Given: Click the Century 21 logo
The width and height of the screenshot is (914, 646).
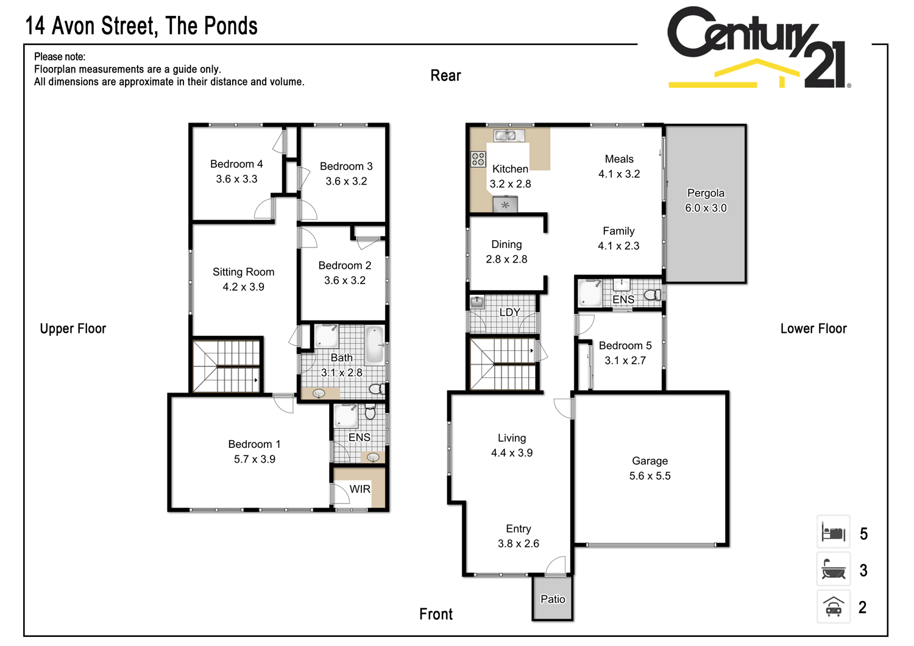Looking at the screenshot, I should point(759,48).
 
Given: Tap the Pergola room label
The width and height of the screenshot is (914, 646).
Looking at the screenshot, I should point(706,193).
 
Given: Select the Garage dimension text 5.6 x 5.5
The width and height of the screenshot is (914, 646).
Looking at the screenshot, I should point(650,476).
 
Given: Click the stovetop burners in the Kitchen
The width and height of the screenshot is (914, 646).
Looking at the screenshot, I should point(478,159).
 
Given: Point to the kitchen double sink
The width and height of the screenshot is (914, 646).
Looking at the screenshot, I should point(509,135).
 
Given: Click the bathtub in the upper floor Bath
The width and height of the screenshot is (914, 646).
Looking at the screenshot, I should point(374,344).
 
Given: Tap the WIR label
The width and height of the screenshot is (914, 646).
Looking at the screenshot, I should point(360,489).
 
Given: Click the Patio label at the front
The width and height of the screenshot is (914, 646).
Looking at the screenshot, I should point(553,599).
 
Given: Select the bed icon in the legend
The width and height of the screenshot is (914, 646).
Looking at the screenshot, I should point(833,533).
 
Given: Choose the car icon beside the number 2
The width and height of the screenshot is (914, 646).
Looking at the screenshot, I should point(833,607).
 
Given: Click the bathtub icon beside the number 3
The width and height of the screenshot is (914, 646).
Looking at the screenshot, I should point(833,570).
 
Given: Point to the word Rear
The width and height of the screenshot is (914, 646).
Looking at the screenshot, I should point(445,76).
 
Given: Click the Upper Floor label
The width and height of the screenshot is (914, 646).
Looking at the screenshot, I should point(73,328).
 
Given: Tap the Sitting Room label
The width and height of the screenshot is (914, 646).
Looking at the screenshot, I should point(243,272).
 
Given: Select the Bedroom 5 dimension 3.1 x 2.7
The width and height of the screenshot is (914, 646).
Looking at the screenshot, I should point(625,360).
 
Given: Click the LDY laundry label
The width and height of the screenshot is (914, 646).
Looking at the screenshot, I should point(509,312).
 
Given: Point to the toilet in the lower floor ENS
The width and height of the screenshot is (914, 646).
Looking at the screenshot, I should point(652,295).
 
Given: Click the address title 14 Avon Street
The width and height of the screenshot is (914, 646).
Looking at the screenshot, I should point(141,26).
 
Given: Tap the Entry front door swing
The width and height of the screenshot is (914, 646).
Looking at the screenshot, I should point(556,566).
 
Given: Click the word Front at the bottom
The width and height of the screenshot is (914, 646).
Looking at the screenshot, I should point(436,614).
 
